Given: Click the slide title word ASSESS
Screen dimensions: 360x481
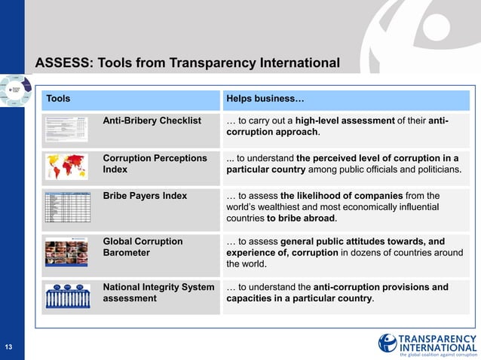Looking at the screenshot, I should pos(61,62).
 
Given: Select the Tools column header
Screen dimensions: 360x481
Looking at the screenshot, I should pos(58,99).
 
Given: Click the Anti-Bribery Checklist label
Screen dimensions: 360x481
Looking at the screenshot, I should pos(152,121).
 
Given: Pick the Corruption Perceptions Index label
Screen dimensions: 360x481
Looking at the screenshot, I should pos(155,164).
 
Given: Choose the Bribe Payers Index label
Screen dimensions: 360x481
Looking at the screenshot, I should pos(145,196).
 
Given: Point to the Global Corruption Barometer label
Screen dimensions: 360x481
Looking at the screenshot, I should pos(142,247).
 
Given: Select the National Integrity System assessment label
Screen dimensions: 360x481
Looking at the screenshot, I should pos(158,292).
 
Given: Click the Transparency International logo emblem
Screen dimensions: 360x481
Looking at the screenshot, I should pos(388,343).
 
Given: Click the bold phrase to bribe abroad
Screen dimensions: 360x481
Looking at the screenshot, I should pos(302,219).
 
